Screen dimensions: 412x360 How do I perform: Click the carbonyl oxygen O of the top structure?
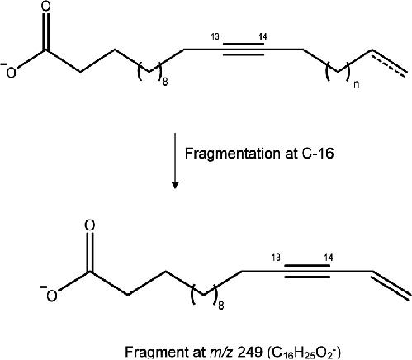[46, 7]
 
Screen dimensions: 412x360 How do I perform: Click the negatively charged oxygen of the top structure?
[10, 73]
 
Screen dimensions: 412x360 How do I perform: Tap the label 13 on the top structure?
[215, 36]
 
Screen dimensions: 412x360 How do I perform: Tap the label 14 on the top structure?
[263, 36]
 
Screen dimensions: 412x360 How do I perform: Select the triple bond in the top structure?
[244, 50]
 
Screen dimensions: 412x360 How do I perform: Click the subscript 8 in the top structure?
[164, 82]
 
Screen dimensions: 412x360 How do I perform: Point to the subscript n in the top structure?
[356, 84]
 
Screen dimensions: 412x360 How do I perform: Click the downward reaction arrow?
[175, 161]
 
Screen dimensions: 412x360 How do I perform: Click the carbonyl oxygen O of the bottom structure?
[90, 225]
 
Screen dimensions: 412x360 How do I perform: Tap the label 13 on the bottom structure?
[276, 258]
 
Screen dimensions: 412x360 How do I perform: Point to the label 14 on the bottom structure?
[328, 258]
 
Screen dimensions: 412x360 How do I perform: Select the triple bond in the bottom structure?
[307, 272]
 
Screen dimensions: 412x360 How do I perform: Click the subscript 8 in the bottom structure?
[221, 306]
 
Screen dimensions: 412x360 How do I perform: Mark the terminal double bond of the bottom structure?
[391, 285]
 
